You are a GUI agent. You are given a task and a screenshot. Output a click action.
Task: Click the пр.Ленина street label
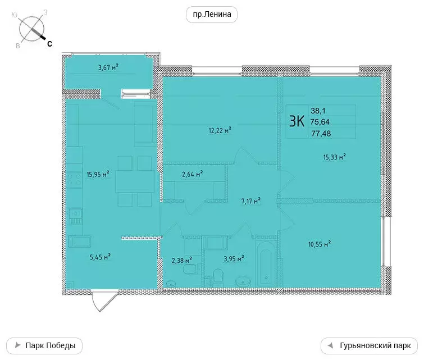coord(212,15)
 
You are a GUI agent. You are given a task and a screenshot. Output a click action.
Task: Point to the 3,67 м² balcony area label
coord(108,67)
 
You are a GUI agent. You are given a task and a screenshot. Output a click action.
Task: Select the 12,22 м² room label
coord(220,130)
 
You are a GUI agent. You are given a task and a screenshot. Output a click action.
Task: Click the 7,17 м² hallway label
coord(250,200)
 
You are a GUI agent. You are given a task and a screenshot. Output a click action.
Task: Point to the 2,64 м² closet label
coord(192,174)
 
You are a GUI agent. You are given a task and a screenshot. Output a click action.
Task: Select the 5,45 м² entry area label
coord(99,257)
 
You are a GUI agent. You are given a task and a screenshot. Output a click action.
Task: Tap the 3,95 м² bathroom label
coord(233,259)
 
